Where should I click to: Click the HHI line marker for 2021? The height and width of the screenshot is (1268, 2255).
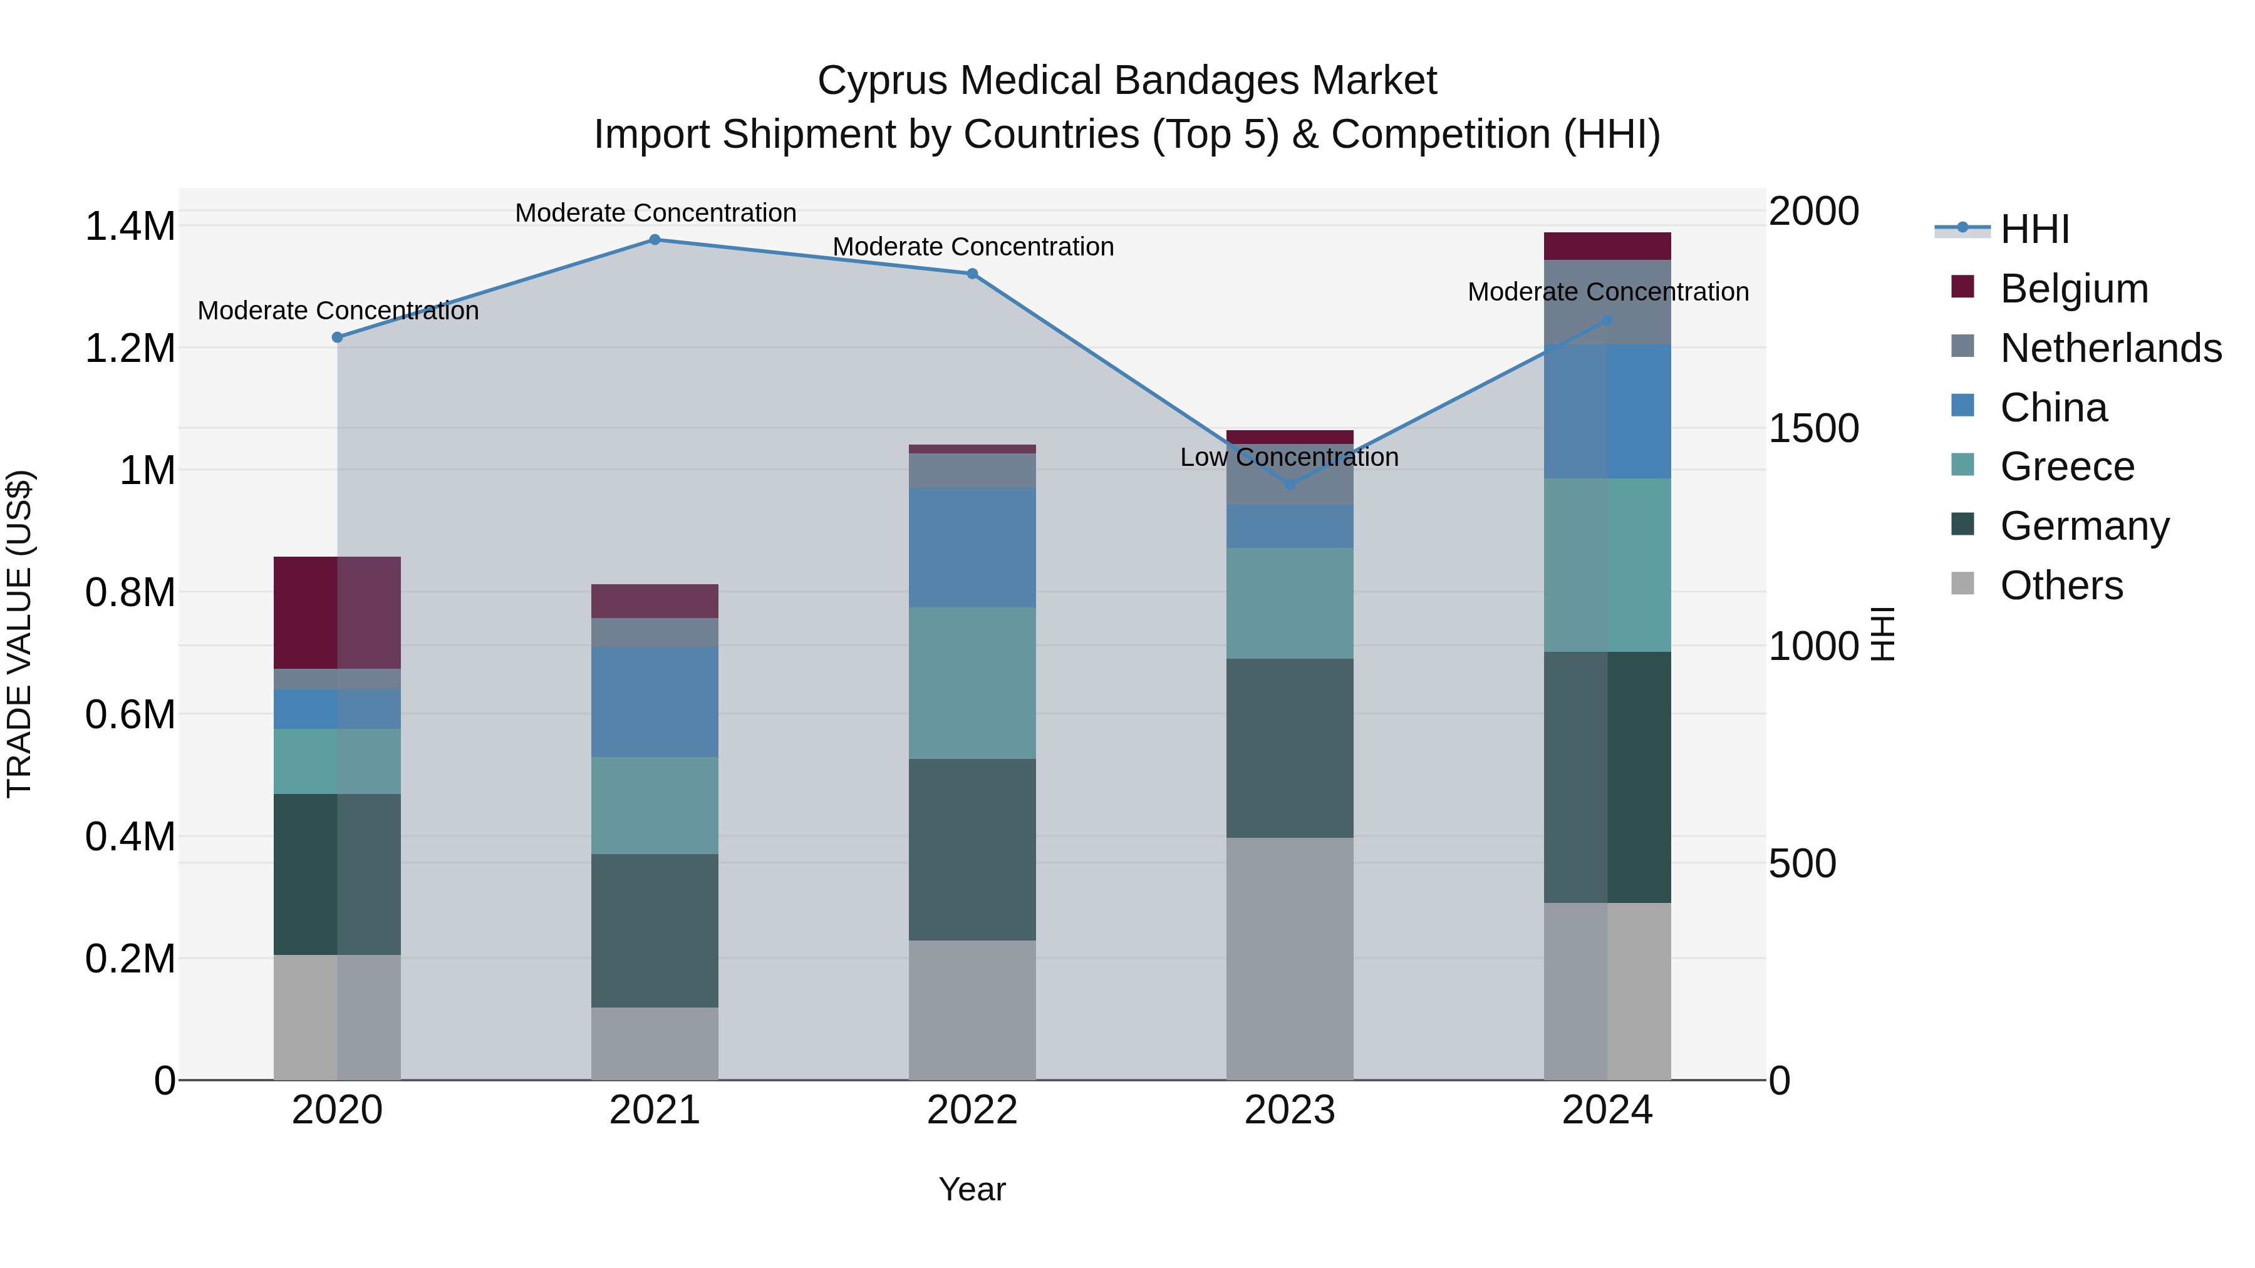(x=654, y=240)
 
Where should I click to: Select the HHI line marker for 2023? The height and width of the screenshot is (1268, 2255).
(x=1290, y=485)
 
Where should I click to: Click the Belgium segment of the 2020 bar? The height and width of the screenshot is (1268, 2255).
(x=337, y=612)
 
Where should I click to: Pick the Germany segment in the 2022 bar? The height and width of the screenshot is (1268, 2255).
(x=972, y=849)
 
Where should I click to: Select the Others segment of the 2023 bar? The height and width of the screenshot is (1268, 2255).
(x=1290, y=958)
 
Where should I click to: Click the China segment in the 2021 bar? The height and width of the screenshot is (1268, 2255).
(x=654, y=702)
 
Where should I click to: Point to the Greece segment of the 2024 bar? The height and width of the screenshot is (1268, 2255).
(x=1607, y=564)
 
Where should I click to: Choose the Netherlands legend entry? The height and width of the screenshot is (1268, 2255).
(x=2110, y=348)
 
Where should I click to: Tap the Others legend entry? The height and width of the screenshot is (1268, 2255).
(x=2061, y=585)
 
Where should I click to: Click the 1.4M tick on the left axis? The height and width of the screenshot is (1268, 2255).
(x=130, y=227)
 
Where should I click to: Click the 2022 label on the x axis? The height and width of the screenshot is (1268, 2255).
(x=972, y=1110)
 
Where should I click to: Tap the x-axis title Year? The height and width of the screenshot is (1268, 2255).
(x=972, y=1189)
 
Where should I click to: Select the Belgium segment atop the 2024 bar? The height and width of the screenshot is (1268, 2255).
(x=1607, y=246)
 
